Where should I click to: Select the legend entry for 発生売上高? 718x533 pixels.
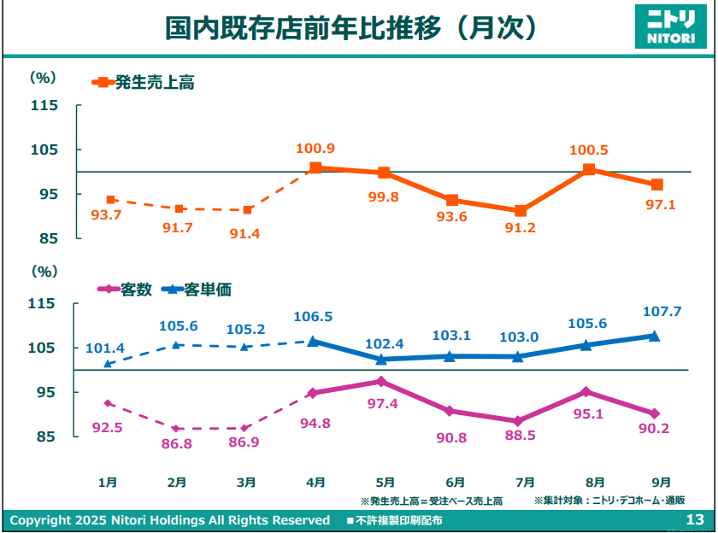[x=144, y=83]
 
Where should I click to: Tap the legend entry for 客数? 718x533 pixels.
[x=126, y=290]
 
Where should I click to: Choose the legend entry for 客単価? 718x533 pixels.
[x=196, y=290]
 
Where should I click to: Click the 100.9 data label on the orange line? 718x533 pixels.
[x=315, y=149]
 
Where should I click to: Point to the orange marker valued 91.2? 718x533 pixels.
[x=521, y=211]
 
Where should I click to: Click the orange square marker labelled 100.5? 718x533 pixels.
[x=589, y=169]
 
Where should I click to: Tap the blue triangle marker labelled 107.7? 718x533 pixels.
[x=655, y=336]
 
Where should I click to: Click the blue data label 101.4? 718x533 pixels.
[x=105, y=348]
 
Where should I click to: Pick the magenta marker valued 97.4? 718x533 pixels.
[x=382, y=381]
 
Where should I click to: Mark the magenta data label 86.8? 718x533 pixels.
[x=176, y=445]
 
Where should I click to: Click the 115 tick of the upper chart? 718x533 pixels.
[x=44, y=106]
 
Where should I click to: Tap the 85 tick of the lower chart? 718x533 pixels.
[x=46, y=436]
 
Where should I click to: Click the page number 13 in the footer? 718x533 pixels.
[x=694, y=520]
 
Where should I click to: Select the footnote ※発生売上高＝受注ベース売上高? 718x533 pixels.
[x=431, y=501]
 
